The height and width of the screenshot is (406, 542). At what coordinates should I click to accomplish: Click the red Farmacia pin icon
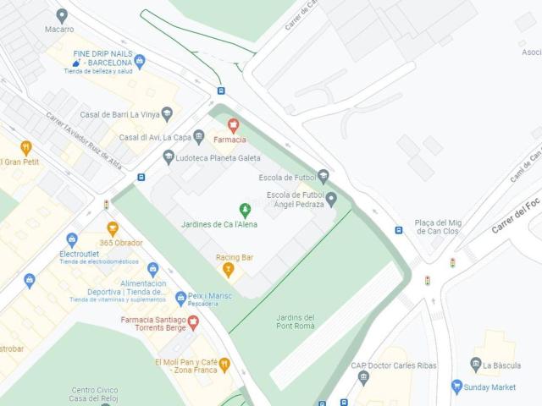tap(233, 125)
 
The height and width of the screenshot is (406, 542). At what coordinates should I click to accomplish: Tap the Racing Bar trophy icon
tap(228, 270)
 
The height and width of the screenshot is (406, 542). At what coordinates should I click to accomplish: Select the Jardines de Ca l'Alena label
tap(219, 224)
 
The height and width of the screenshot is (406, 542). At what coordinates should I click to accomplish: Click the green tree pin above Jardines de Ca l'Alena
tap(245, 209)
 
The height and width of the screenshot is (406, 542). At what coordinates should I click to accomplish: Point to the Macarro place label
tap(59, 29)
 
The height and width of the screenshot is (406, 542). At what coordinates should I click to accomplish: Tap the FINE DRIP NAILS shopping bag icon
tap(140, 61)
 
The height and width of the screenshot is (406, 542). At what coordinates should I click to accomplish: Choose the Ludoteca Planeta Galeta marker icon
tap(169, 157)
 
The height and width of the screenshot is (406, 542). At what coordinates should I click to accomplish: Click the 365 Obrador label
tap(121, 243)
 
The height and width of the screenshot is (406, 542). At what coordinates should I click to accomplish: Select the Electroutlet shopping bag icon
tap(72, 239)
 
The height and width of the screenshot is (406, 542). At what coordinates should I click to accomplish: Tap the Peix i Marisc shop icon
tap(180, 298)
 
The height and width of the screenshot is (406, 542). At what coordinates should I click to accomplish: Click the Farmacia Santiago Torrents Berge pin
tap(193, 321)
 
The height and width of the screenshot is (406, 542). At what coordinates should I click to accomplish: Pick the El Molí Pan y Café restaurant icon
tap(224, 365)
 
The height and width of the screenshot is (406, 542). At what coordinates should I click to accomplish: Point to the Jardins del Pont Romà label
tap(296, 322)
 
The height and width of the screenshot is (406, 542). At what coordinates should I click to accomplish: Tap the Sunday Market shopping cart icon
tap(457, 387)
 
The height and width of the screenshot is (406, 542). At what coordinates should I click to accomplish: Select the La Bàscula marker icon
tap(476, 365)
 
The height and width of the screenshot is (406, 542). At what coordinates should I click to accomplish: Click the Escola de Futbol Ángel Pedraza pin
tap(331, 200)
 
